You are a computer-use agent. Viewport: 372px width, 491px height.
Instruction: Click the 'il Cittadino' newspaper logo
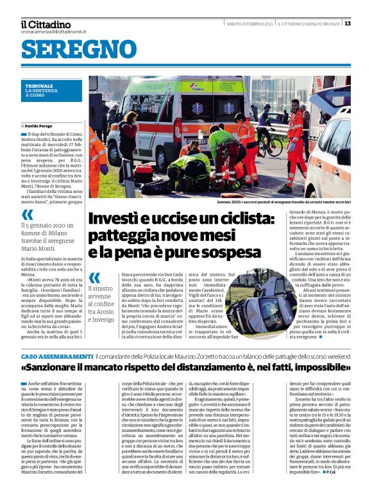pyautogui.click(x=46, y=24)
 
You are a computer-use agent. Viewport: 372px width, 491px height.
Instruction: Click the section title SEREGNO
pyautogui.click(x=79, y=49)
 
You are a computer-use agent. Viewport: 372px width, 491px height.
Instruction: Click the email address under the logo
pyautogui.click(x=53, y=31)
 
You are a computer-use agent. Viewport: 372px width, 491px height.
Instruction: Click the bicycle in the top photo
pyautogui.click(x=269, y=144)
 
